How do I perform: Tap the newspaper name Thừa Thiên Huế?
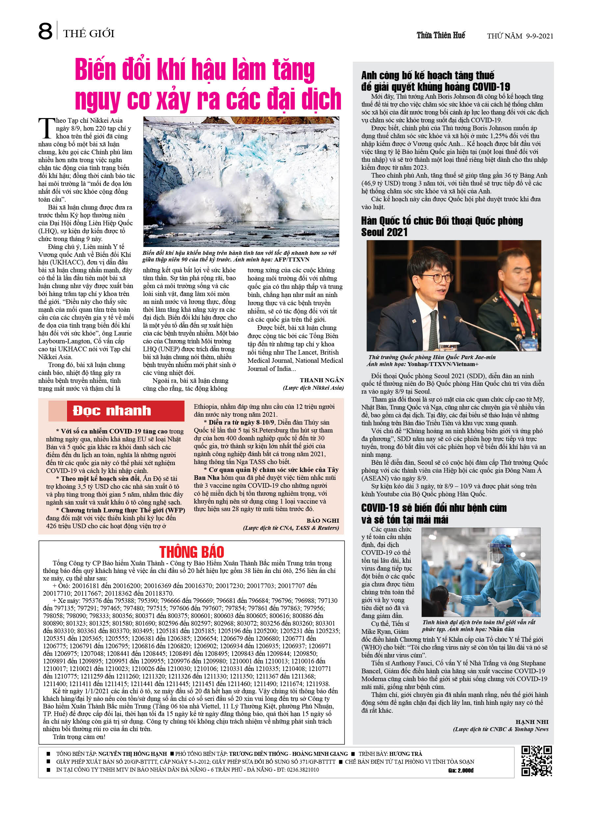[441, 35]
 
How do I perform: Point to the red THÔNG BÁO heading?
[192, 552]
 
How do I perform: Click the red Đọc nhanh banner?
[112, 411]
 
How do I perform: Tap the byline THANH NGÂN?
[322, 380]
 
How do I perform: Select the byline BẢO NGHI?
[322, 520]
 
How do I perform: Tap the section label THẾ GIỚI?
[89, 34]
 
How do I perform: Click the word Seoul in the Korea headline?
[374, 233]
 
